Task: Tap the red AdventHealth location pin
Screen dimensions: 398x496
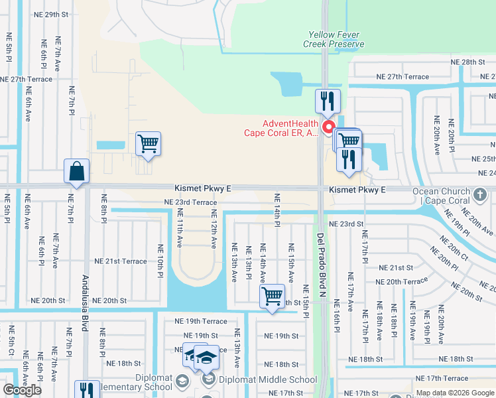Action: [327, 127]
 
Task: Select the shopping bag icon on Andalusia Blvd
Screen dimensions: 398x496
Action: [77, 171]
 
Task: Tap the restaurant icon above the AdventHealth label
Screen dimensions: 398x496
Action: [328, 101]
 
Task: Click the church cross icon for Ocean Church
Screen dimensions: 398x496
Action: [481, 196]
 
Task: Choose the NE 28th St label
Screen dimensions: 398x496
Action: [473, 62]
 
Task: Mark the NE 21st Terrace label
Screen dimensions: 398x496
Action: [121, 261]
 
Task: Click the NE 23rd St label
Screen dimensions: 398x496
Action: [346, 224]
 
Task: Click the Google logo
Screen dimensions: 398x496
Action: [22, 390]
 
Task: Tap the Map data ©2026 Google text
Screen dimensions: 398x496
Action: [455, 393]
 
